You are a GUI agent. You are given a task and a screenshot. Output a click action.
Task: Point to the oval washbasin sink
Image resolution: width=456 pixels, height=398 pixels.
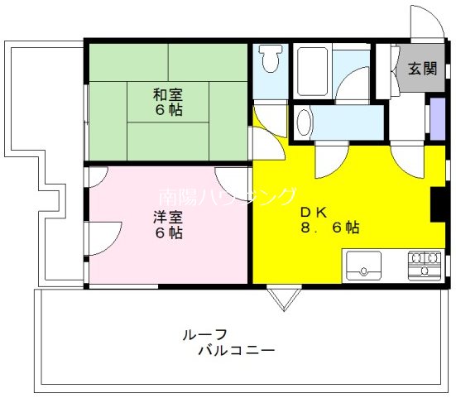(304, 122)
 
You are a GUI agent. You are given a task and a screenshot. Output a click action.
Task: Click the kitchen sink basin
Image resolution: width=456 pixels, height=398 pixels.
(361, 266)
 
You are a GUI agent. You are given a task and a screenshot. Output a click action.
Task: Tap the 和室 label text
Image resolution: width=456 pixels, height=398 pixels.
(168, 94)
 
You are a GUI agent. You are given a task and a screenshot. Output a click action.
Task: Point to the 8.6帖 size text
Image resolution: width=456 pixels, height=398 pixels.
(329, 227)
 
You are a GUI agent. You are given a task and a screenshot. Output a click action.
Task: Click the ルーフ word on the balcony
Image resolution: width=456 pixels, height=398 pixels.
(200, 335)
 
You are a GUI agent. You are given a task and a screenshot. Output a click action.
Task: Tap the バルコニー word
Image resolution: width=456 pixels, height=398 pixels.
(236, 350)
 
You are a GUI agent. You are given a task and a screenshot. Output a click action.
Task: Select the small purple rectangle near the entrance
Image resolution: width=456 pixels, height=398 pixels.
(435, 118)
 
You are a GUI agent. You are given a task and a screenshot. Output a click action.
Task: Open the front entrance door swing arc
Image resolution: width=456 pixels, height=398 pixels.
(426, 20)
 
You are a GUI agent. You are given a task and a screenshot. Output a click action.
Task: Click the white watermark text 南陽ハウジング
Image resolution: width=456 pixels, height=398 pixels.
(227, 197)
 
